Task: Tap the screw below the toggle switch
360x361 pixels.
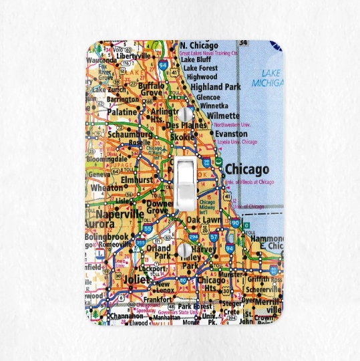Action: pyautogui.click(x=184, y=249)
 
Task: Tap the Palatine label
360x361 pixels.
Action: pyautogui.click(x=122, y=112)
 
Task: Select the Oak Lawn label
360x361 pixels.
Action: pyautogui.click(x=203, y=219)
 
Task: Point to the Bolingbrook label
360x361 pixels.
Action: pyautogui.click(x=106, y=237)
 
